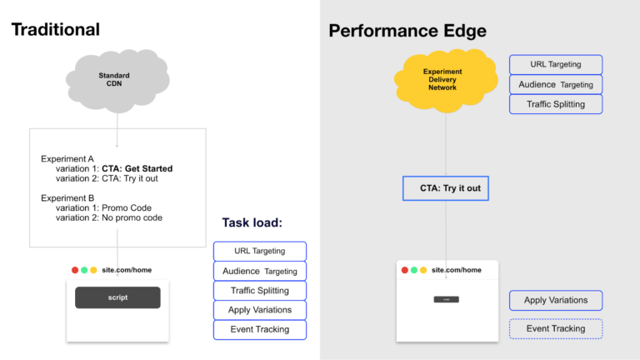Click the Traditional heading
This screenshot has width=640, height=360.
click(x=55, y=29)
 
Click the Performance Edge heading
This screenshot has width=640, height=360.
click(x=407, y=31)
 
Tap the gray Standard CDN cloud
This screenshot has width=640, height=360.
click(x=114, y=81)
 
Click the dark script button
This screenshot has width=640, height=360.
click(x=117, y=297)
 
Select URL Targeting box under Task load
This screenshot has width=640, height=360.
click(x=260, y=251)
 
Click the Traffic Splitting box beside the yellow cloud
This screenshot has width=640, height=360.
click(x=556, y=104)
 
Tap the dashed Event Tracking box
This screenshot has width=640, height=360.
click(x=556, y=328)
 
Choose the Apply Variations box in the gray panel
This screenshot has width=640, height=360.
click(x=556, y=300)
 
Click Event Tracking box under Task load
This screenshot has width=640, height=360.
click(x=260, y=329)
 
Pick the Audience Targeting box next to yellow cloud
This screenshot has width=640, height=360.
click(x=556, y=84)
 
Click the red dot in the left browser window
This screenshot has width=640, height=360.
click(x=75, y=270)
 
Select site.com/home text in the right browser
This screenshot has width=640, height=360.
click(x=457, y=270)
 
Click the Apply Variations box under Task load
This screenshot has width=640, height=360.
click(x=260, y=310)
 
